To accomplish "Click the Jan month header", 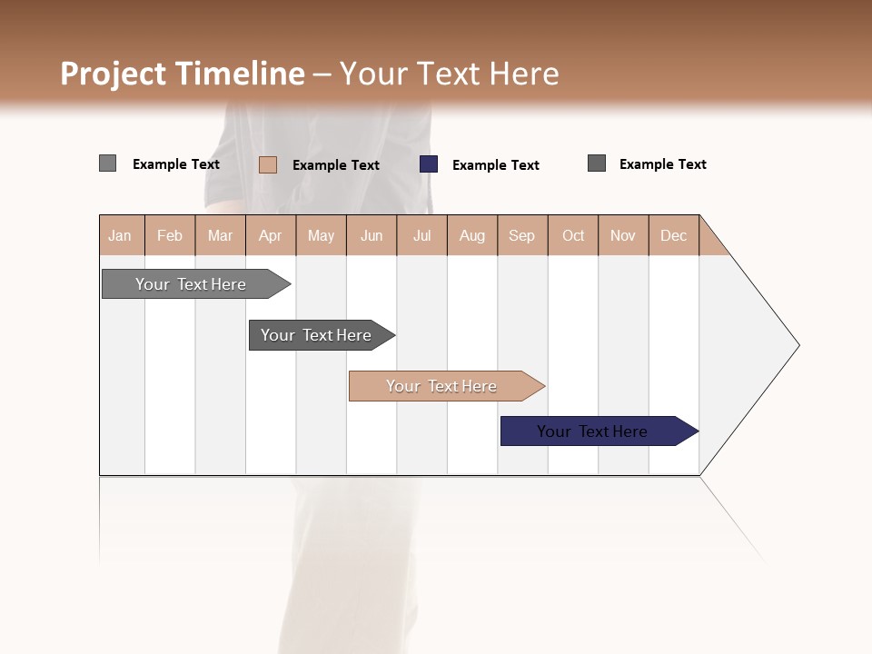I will [x=121, y=235].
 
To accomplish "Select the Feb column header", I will [x=170, y=235].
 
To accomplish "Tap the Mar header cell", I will [x=220, y=235].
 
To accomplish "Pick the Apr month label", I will [x=271, y=235].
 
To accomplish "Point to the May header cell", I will [x=321, y=235].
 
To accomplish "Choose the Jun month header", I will [x=372, y=235].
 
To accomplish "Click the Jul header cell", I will [x=421, y=235].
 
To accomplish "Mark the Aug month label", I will [x=472, y=235].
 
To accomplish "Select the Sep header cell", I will [x=522, y=235].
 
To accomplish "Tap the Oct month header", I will [x=573, y=235].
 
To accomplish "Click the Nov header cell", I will [x=623, y=235].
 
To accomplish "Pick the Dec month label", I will [x=674, y=235].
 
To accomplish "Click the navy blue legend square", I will [x=429, y=164].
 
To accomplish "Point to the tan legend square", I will [x=268, y=164].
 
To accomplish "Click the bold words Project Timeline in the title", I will [x=183, y=74].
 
